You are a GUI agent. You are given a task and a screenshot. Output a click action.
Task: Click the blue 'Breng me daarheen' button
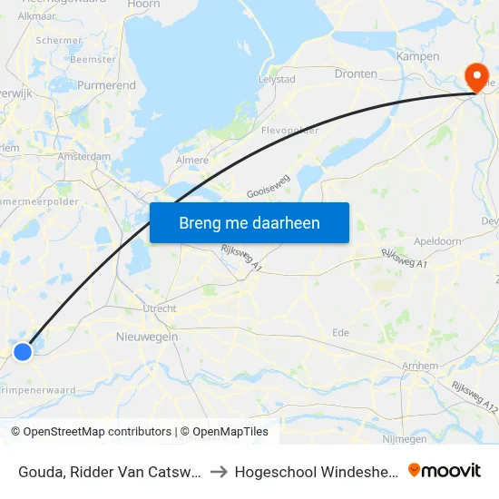(249, 222)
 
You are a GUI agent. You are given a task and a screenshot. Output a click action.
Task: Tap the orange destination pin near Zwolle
(475, 75)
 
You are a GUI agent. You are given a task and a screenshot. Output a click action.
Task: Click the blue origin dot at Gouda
(23, 350)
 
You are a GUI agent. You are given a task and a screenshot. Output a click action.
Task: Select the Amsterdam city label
(83, 156)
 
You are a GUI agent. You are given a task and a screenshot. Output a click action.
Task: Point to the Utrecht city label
(160, 308)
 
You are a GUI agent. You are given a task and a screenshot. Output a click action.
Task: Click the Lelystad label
(277, 79)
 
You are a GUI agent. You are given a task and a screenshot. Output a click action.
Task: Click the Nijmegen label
(405, 439)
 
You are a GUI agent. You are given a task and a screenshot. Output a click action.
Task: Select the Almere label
(191, 160)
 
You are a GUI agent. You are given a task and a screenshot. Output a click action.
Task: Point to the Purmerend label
(106, 85)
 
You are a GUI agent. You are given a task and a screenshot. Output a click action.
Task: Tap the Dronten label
(356, 73)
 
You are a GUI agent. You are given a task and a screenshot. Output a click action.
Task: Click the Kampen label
(417, 56)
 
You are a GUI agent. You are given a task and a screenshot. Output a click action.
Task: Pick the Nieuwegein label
(147, 337)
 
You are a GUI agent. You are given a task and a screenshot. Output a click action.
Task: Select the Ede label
(341, 333)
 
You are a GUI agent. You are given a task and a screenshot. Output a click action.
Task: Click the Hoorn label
(144, 5)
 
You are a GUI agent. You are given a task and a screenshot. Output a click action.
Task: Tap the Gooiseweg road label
(268, 186)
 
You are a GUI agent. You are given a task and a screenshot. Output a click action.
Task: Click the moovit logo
(444, 471)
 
